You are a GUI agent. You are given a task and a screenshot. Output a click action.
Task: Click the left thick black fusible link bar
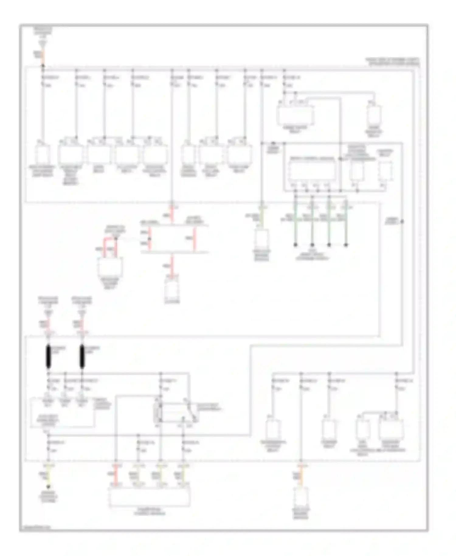point(48,357)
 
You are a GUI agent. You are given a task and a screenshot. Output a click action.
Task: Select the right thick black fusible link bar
point(81,357)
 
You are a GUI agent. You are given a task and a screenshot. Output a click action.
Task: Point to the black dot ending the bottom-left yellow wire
point(48,487)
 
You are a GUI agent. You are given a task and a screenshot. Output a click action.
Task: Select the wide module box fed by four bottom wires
point(149,497)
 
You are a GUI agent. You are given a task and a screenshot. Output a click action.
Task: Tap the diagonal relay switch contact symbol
point(192,412)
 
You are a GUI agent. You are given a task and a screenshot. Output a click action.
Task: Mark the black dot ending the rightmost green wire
point(346,245)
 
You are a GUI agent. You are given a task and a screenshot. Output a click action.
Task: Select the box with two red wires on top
point(110,268)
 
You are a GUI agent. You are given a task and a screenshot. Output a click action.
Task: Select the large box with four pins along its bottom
point(312,170)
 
